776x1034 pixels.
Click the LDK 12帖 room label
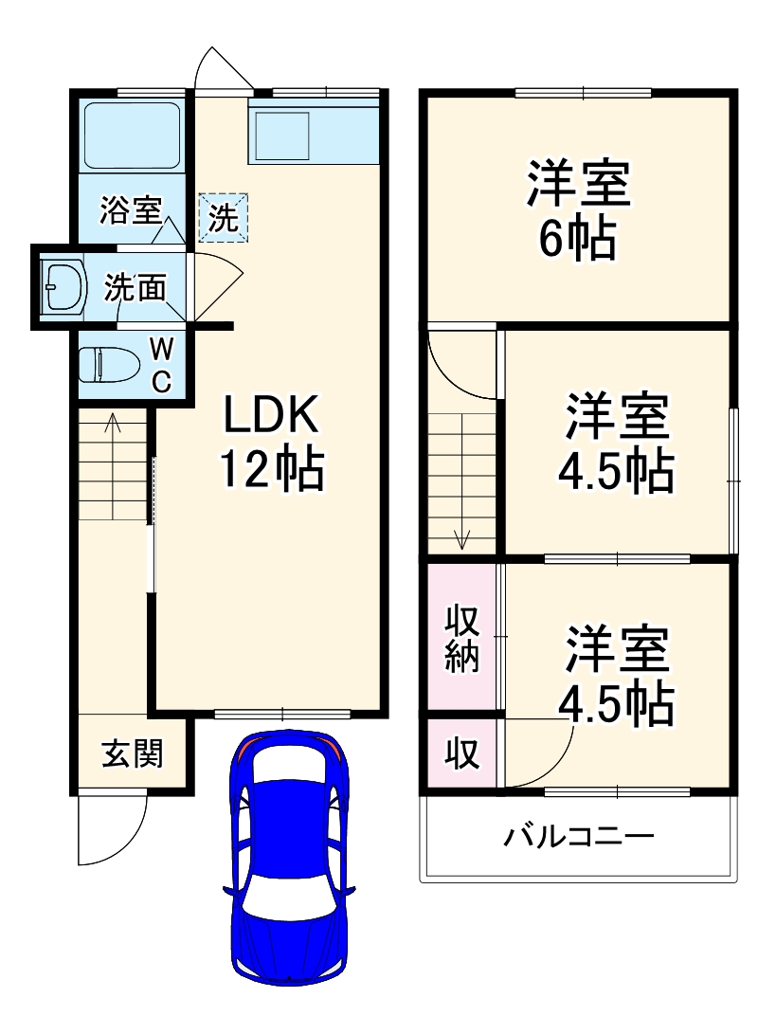click(x=272, y=442)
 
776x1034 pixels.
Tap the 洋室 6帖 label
click(x=578, y=210)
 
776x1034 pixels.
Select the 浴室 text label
click(x=131, y=210)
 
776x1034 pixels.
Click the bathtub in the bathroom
click(x=133, y=136)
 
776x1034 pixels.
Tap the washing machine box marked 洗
click(x=224, y=218)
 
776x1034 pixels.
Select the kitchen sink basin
click(x=279, y=136)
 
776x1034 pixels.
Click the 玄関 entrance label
click(x=132, y=753)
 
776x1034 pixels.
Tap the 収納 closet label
click(x=462, y=638)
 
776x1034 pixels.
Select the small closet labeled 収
click(x=462, y=754)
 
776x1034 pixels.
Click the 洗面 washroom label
click(x=135, y=287)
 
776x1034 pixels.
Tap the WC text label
click(x=162, y=366)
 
